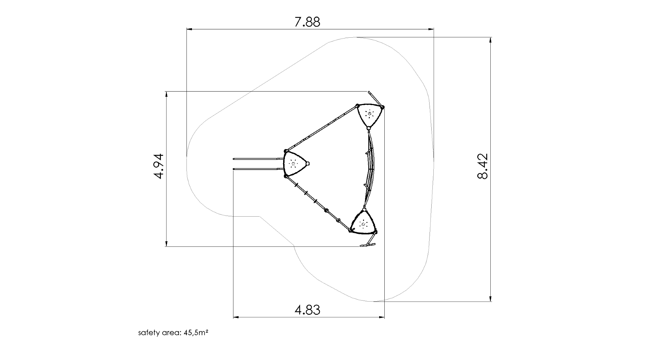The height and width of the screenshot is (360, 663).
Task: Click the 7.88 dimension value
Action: (x=307, y=22)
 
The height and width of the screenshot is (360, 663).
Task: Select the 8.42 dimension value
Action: (x=483, y=166)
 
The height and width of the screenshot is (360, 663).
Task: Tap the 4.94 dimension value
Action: (x=158, y=166)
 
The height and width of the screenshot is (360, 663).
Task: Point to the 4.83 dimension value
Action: (x=307, y=310)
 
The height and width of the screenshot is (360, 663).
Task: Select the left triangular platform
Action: (x=295, y=163)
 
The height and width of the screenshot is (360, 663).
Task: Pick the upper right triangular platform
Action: (x=370, y=115)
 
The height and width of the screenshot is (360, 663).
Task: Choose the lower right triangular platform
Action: (x=363, y=222)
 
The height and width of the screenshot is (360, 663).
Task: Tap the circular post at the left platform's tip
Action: (x=308, y=163)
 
